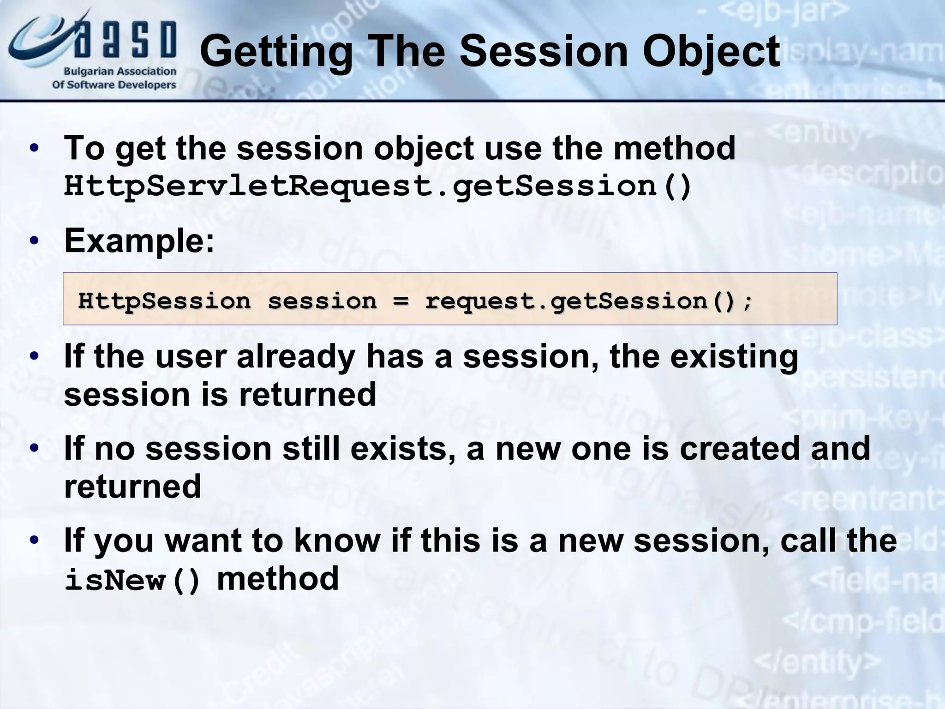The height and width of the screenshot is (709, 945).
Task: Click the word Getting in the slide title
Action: (275, 52)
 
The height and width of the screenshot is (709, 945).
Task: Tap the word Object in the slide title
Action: (711, 52)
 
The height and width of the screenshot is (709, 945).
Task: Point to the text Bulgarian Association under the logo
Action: (120, 72)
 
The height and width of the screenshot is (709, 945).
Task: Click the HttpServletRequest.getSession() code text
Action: (377, 186)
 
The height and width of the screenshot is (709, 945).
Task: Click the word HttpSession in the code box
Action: (164, 301)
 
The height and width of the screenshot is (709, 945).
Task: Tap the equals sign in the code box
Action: (401, 301)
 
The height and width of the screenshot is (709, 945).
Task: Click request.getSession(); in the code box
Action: (588, 301)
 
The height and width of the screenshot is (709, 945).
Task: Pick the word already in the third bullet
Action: (296, 357)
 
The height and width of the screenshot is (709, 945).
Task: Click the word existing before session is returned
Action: (734, 357)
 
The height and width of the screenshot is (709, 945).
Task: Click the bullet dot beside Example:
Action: (34, 241)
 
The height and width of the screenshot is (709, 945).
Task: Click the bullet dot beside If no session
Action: (34, 449)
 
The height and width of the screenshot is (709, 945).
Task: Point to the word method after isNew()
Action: (278, 579)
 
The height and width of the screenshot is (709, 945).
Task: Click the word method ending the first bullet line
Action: (674, 149)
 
